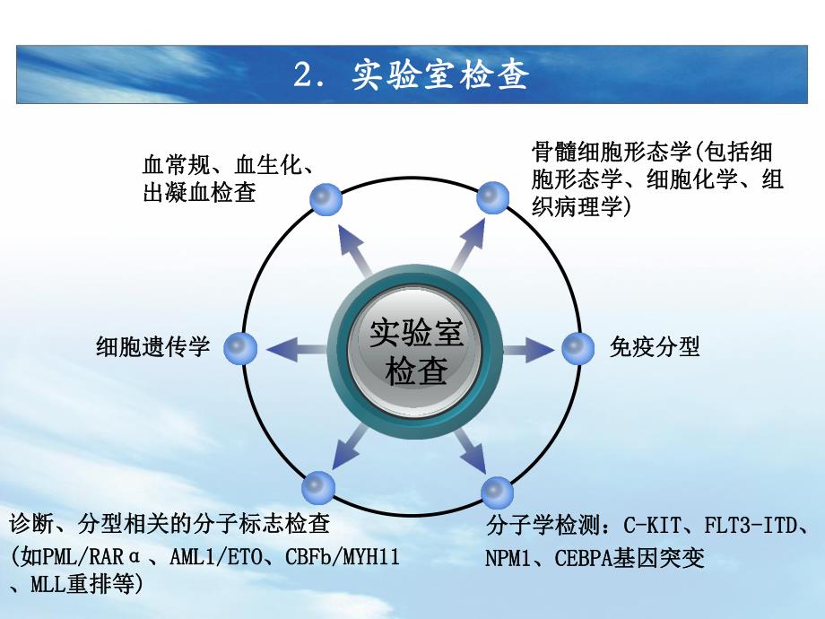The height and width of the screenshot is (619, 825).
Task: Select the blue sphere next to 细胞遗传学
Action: pyautogui.click(x=239, y=347)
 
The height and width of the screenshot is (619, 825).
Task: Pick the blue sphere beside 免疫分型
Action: pyautogui.click(x=578, y=347)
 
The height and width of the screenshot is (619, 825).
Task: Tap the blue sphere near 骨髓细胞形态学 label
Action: pyautogui.click(x=492, y=197)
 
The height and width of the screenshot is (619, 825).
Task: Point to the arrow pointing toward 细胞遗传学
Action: pyautogui.click(x=296, y=348)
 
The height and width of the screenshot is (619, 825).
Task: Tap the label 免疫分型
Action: pyautogui.click(x=655, y=347)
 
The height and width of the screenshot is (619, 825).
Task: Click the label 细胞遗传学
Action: pyautogui.click(x=152, y=347)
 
